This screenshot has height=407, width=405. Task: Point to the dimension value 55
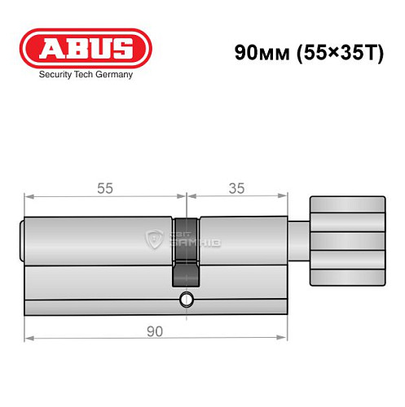click(105, 188)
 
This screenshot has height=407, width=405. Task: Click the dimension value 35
click(237, 188)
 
